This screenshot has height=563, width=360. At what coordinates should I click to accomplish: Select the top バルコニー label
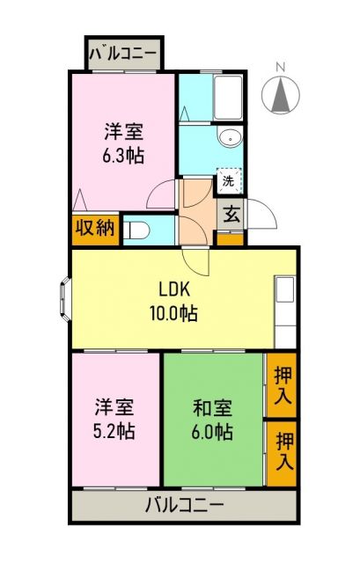(x=122, y=54)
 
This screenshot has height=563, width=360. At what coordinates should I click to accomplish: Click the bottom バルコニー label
(x=185, y=505)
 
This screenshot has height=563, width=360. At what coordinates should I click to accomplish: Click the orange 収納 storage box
(x=94, y=228)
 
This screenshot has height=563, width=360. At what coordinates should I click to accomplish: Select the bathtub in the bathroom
(x=228, y=93)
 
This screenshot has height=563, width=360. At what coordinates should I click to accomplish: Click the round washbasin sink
(x=230, y=137)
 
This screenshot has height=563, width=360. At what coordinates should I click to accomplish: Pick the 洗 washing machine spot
(x=228, y=181)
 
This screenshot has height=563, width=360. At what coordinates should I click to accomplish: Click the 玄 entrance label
(x=229, y=214)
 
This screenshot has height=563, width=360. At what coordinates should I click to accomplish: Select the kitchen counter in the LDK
(x=285, y=312)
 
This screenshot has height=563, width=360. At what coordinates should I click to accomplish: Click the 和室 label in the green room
(x=212, y=408)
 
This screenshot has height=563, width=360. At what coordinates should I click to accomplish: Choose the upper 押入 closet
(x=282, y=384)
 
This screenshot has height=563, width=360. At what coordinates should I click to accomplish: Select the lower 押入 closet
(x=282, y=450)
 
